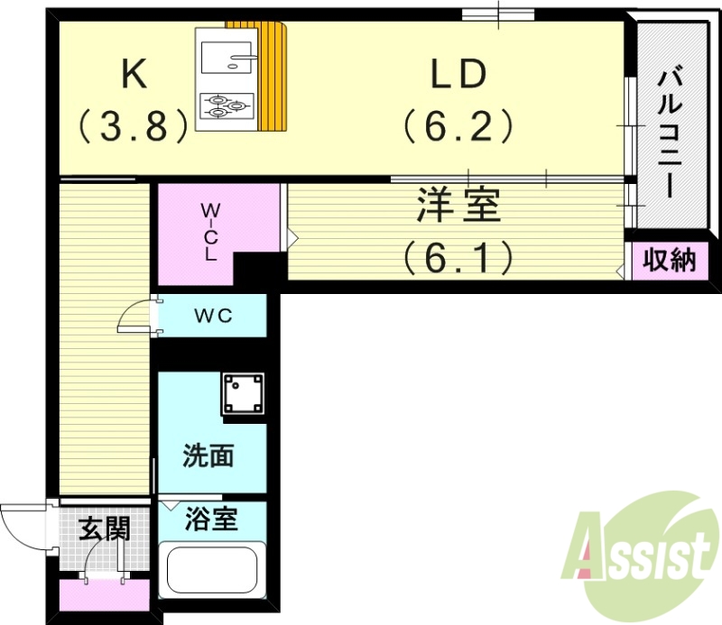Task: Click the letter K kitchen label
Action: (x=134, y=75)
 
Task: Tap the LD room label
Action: (x=458, y=75)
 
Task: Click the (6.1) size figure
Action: (x=458, y=259)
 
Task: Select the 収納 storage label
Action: (x=670, y=261)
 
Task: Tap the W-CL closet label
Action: (x=209, y=231)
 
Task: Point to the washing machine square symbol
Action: (x=244, y=394)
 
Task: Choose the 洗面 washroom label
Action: (x=208, y=456)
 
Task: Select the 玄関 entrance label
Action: (x=103, y=529)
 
